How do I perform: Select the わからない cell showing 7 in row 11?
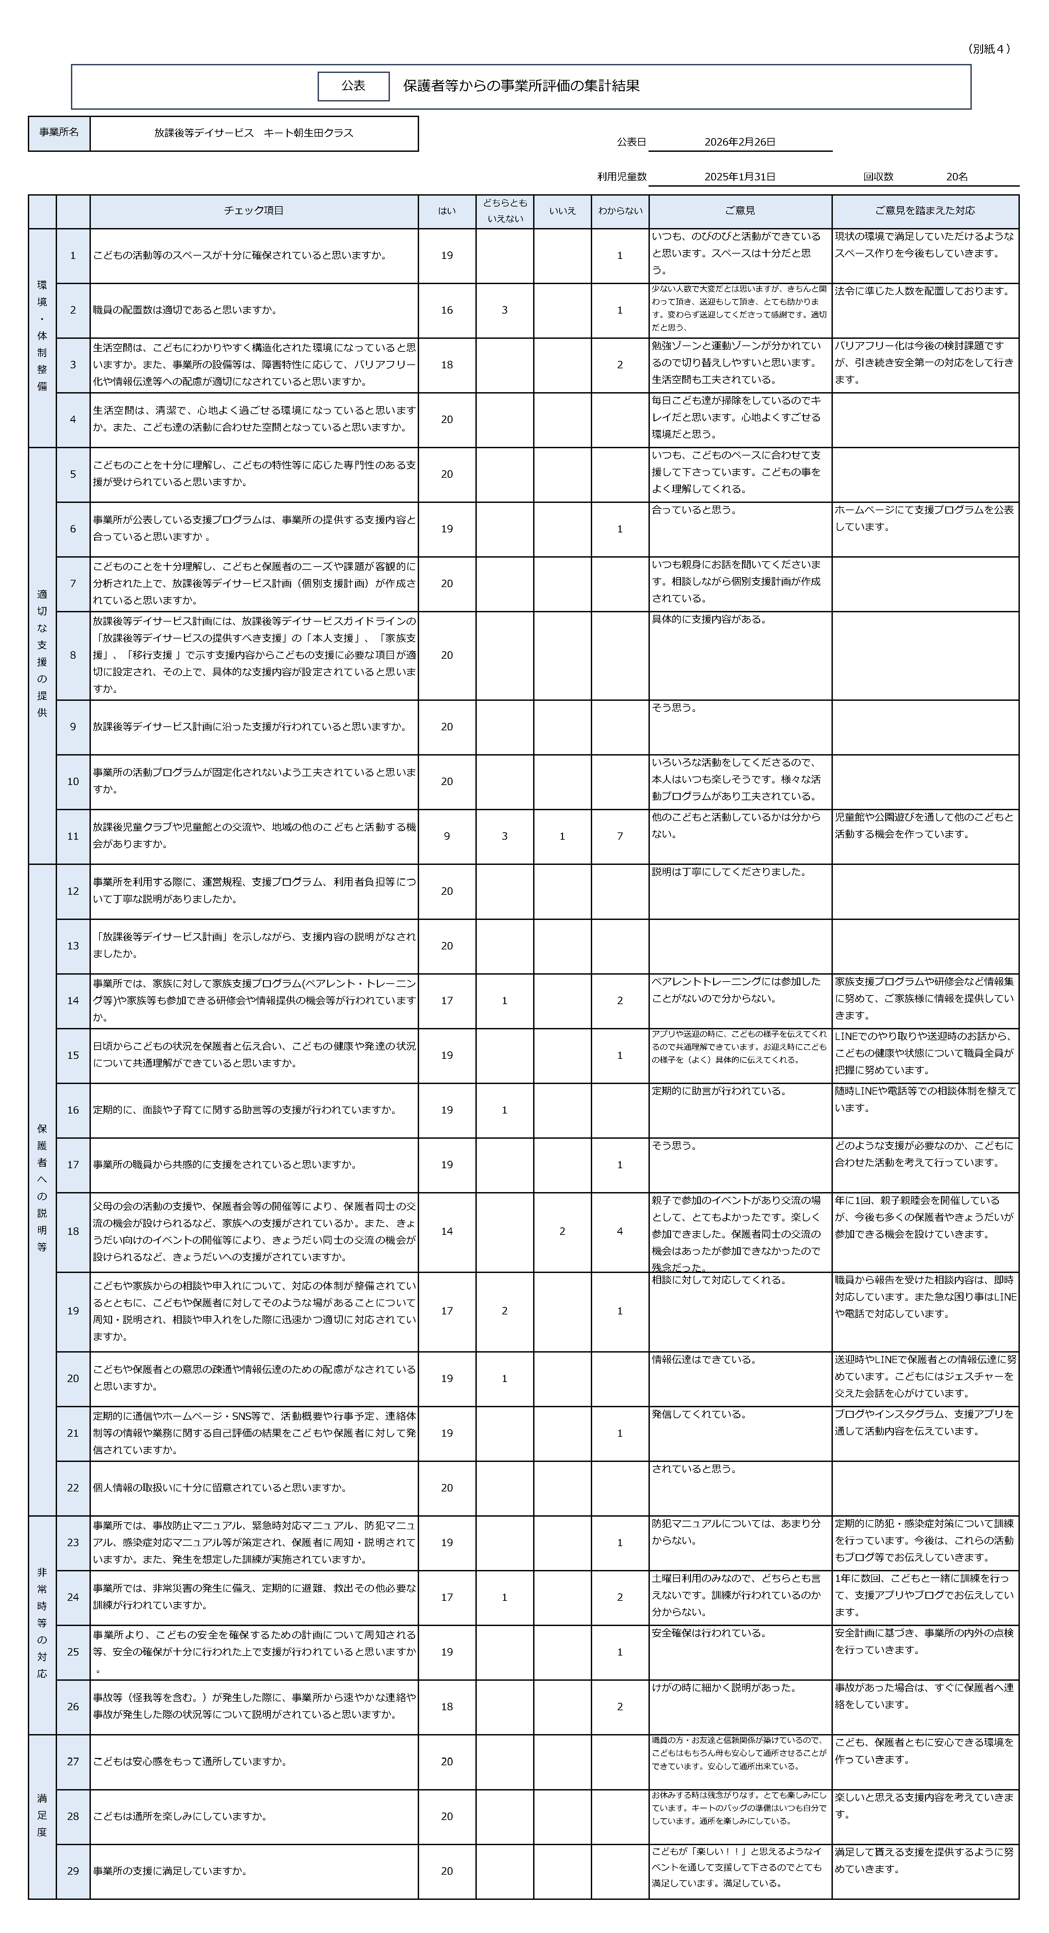tap(620, 836)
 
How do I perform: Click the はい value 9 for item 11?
tap(447, 836)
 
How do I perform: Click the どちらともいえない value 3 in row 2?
tap(504, 310)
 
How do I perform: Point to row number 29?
tap(73, 1871)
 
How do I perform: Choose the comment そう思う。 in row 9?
tap(674, 708)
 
